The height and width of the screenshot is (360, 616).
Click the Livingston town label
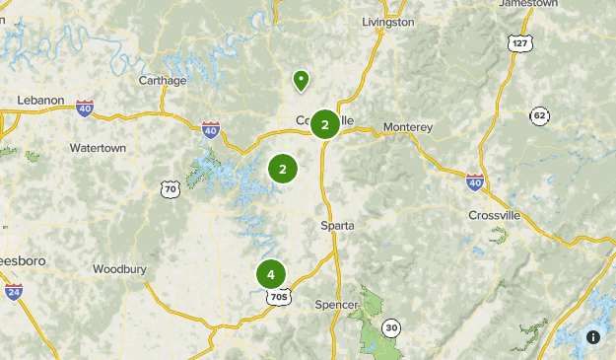[x=387, y=22]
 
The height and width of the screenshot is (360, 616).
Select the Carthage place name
[x=162, y=80]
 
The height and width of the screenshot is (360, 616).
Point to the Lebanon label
[x=40, y=101]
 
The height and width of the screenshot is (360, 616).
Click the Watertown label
[x=98, y=148]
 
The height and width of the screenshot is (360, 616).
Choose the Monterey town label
[x=407, y=127]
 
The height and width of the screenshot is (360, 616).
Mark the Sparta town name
[x=337, y=226]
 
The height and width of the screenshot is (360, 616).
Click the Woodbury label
[x=119, y=268]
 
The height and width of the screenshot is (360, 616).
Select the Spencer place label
[x=336, y=305]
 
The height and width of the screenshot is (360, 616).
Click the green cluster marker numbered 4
[x=271, y=274]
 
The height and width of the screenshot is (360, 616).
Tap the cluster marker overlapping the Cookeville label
[x=325, y=124]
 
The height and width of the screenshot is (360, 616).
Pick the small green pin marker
[x=300, y=80]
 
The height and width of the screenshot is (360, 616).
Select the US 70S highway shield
[x=279, y=296]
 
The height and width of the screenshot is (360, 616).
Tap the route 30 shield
[x=391, y=327]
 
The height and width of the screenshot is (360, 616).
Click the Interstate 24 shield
[x=14, y=292]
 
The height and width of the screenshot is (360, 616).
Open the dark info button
[x=593, y=336]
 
